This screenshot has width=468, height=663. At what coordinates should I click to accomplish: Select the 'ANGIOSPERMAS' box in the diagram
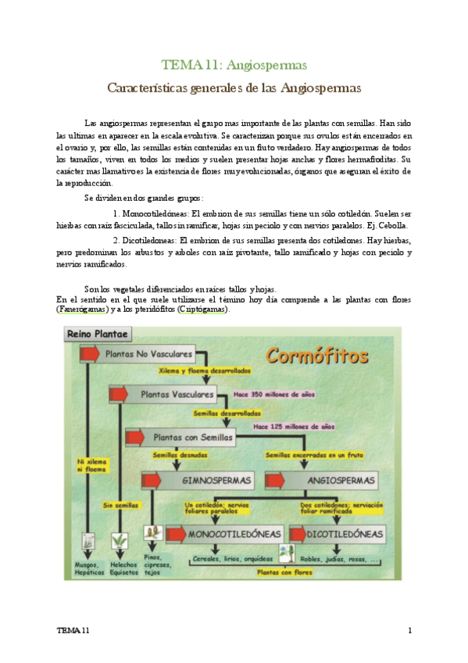click(x=328, y=479)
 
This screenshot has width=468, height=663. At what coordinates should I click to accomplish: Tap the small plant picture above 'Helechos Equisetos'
click(x=120, y=540)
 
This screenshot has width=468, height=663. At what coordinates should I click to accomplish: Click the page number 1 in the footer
click(x=409, y=630)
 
